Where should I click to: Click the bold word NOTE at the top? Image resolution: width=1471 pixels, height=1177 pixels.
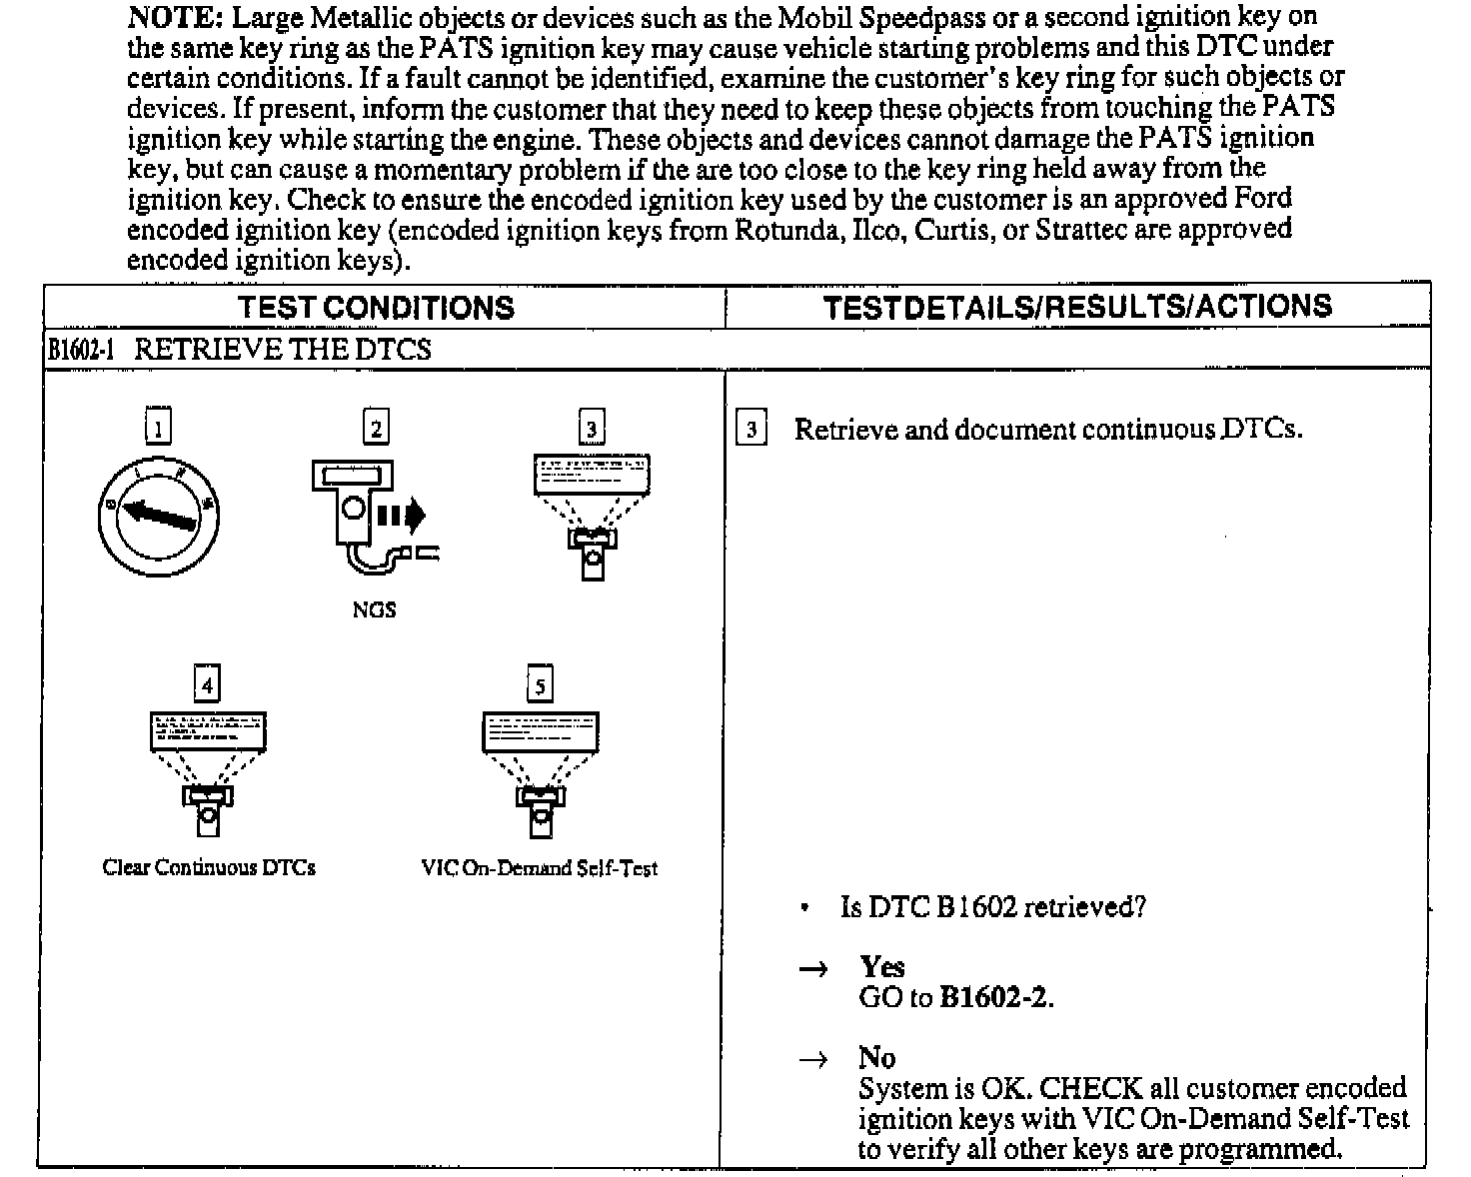coord(176,17)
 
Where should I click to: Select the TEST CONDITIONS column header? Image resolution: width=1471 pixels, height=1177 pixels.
coord(376,308)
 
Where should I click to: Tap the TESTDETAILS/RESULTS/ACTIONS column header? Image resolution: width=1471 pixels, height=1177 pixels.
coord(1077,307)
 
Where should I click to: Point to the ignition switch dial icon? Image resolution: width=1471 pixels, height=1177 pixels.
coord(158,517)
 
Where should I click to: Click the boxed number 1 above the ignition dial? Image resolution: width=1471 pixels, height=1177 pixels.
coord(158,428)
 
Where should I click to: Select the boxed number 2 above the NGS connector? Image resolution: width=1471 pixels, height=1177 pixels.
coord(375,428)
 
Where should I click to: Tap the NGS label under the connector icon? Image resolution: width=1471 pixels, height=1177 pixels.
coord(374,610)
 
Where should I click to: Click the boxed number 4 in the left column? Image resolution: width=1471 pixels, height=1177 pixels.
coord(207,684)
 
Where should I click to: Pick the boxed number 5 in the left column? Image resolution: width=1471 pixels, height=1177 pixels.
coord(540,684)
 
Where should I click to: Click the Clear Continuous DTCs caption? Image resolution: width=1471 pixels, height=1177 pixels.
coord(209,867)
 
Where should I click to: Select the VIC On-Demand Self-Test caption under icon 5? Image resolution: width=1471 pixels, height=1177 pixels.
coord(540,868)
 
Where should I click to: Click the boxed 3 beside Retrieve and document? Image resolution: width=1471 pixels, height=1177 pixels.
coord(751,430)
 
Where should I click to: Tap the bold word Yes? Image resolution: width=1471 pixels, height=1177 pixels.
coord(882,966)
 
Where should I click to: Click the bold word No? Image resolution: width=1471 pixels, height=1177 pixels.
coord(876,1057)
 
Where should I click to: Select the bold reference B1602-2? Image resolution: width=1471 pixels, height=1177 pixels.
coord(995,997)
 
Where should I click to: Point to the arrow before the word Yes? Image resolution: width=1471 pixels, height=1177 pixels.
coord(814,968)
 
